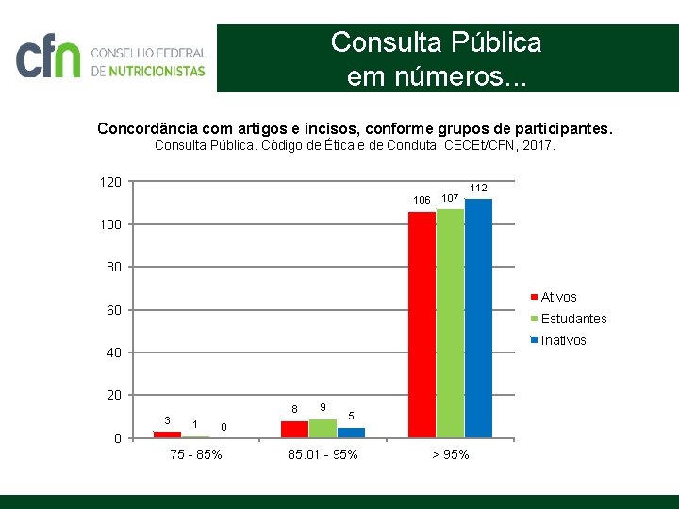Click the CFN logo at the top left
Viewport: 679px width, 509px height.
(x=111, y=58)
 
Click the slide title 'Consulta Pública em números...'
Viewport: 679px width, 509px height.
(x=436, y=58)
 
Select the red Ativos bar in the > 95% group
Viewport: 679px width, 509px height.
(x=422, y=324)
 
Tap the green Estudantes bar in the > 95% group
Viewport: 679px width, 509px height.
(x=450, y=322)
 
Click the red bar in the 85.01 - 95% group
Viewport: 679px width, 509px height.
(x=294, y=429)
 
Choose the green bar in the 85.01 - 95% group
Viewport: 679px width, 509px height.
(x=323, y=428)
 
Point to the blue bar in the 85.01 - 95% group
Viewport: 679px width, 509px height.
(x=351, y=433)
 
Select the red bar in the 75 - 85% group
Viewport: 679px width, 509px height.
(x=167, y=435)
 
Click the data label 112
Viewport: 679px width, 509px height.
(x=479, y=188)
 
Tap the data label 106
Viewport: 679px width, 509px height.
(x=422, y=200)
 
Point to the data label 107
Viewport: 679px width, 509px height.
(x=451, y=198)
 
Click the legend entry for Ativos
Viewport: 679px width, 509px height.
(x=558, y=297)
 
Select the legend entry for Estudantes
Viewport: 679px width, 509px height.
(x=573, y=319)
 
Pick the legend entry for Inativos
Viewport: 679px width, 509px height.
(x=563, y=340)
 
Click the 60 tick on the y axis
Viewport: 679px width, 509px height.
(x=114, y=310)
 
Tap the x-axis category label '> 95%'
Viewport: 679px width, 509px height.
(x=450, y=455)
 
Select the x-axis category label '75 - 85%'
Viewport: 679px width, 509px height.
(x=196, y=455)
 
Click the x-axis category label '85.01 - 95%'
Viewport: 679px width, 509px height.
(x=323, y=455)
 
